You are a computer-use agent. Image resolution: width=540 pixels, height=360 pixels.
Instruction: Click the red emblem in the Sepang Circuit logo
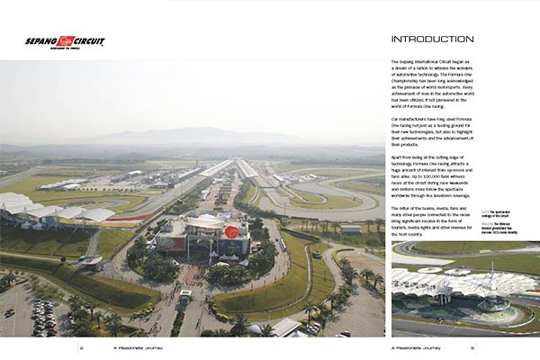[x=66, y=40]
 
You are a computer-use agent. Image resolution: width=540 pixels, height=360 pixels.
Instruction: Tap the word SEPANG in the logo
[x=41, y=40]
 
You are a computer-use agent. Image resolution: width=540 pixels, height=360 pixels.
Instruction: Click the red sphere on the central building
[x=232, y=232]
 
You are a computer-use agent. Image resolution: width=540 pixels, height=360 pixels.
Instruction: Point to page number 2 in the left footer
[x=81, y=345]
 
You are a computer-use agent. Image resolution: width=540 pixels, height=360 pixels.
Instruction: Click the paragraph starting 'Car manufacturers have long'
[x=433, y=131]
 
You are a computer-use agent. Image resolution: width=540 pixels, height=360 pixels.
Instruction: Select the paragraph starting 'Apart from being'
[x=433, y=179]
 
